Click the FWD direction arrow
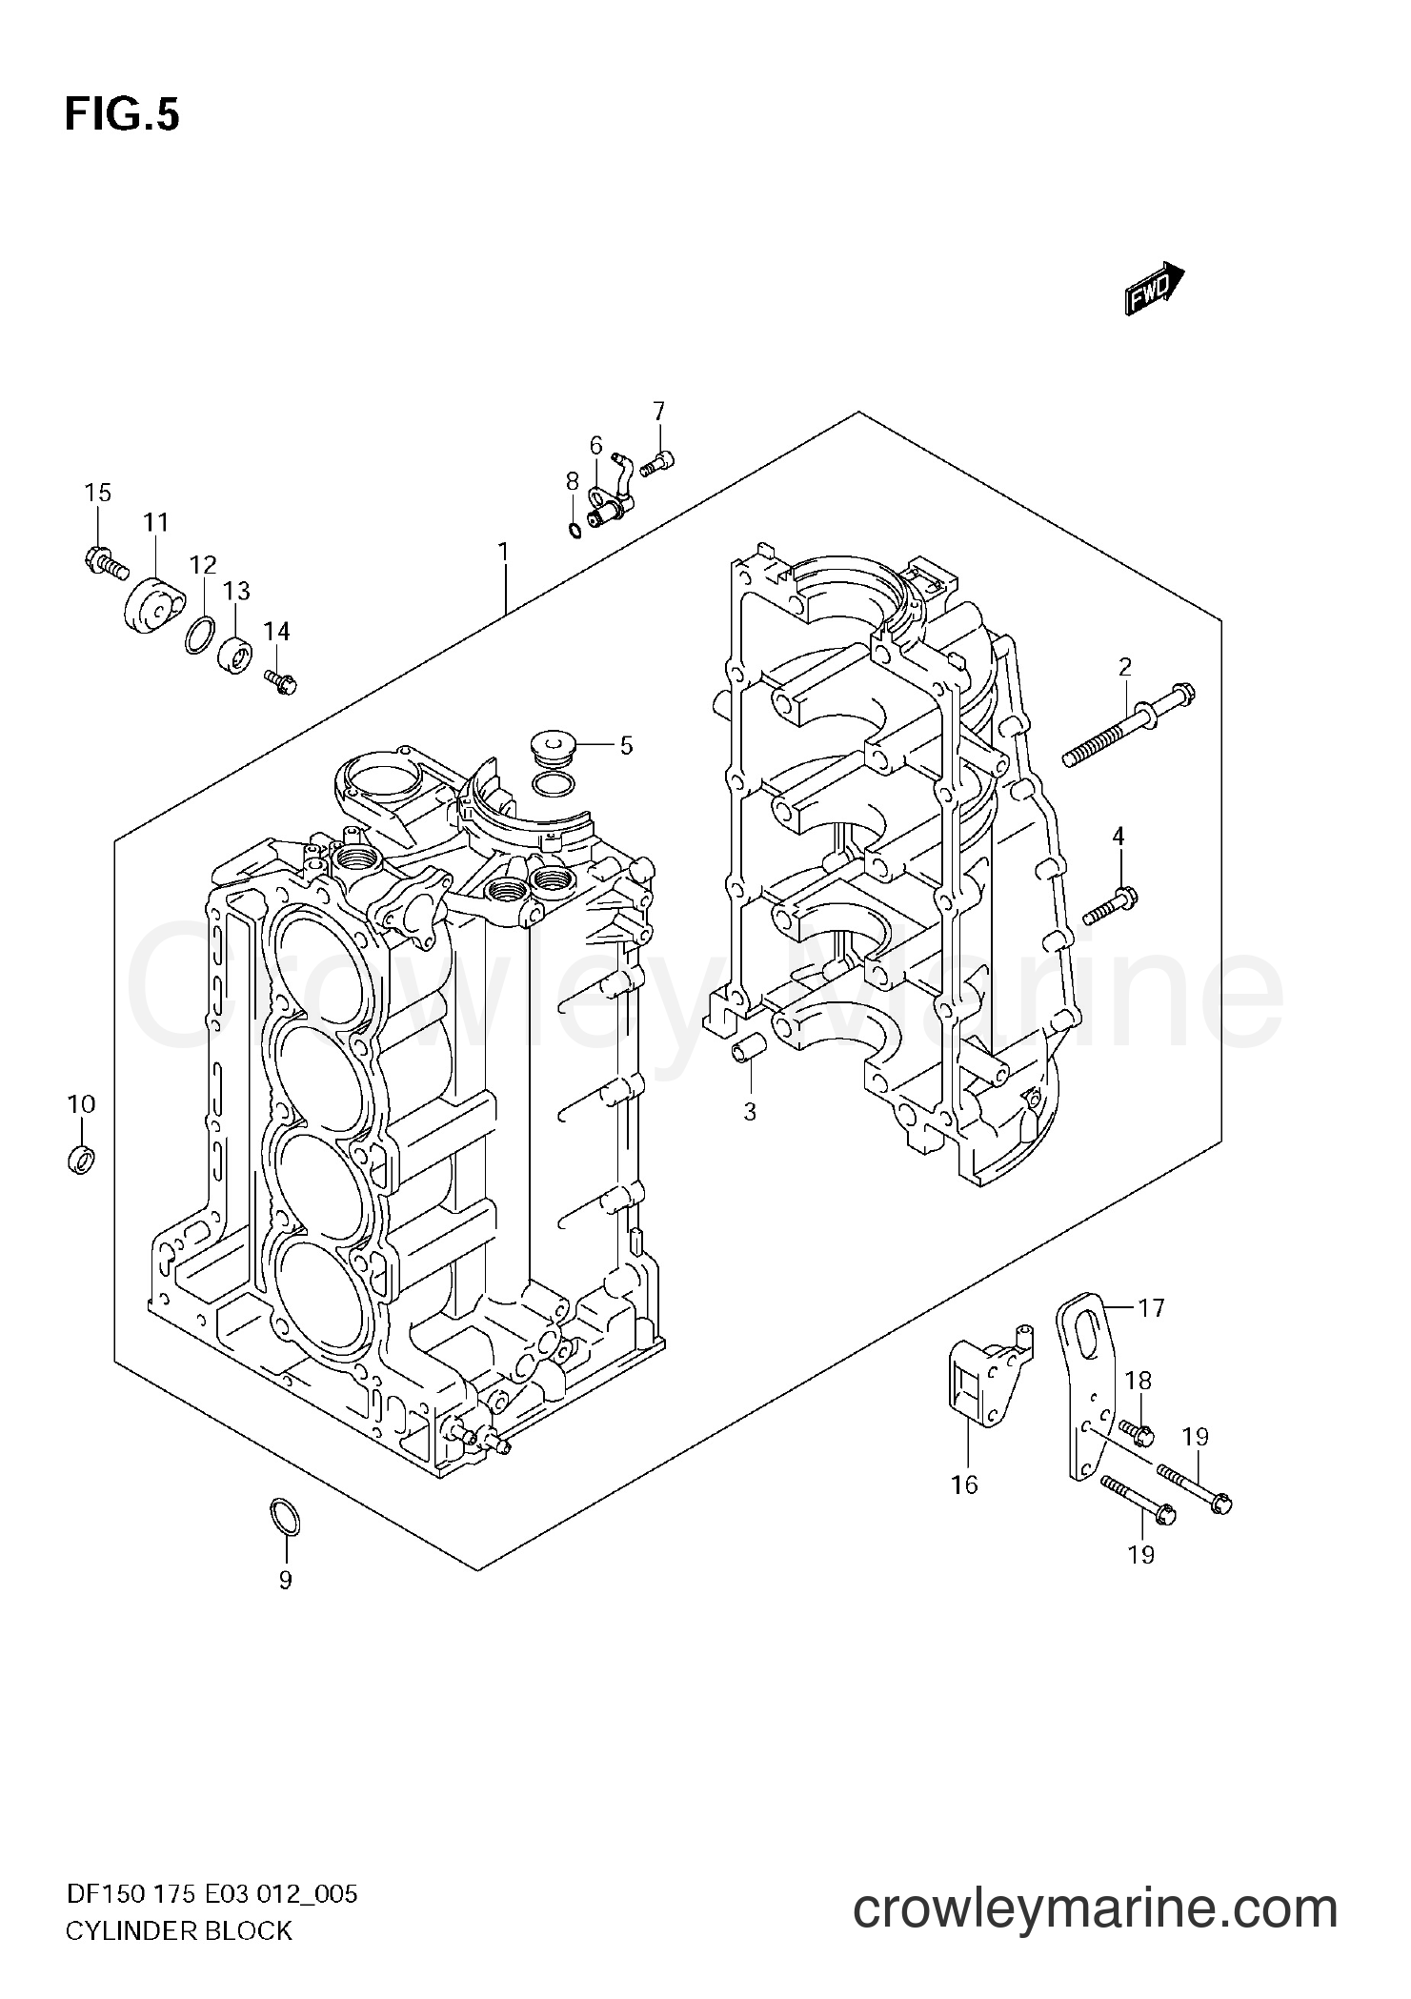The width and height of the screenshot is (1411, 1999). tap(1154, 289)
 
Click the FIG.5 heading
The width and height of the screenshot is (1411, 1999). tap(122, 115)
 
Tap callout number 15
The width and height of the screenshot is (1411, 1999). tap(97, 493)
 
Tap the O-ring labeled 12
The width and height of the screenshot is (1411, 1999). tap(199, 636)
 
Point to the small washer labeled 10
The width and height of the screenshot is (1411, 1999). tap(83, 1160)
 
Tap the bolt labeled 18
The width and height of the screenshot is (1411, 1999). tap(1137, 1456)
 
